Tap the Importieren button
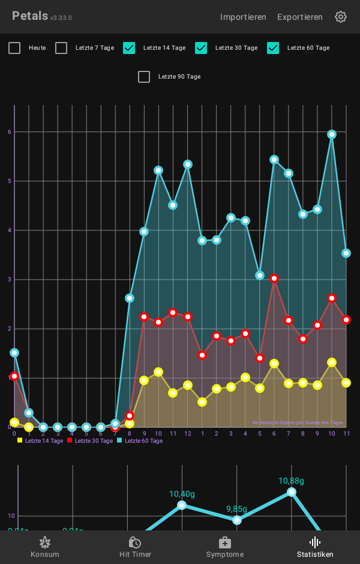coord(243,17)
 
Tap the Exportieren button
coord(299,17)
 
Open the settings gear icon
coord(341,17)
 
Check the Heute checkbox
coord(14,48)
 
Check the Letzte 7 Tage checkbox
coord(61,48)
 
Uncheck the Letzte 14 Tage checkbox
coord(129,48)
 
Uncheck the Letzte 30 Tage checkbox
coord(201,48)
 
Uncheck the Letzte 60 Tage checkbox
coord(273,48)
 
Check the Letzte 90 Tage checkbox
coord(144,77)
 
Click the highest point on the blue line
coord(332,134)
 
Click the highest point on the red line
coord(274,278)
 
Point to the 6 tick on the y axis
coord(10,131)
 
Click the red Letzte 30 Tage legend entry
coord(90,440)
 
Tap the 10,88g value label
coord(291,481)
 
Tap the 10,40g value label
coord(182,494)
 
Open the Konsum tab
coord(45,547)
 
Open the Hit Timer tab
coord(135,547)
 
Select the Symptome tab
coord(225,547)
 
